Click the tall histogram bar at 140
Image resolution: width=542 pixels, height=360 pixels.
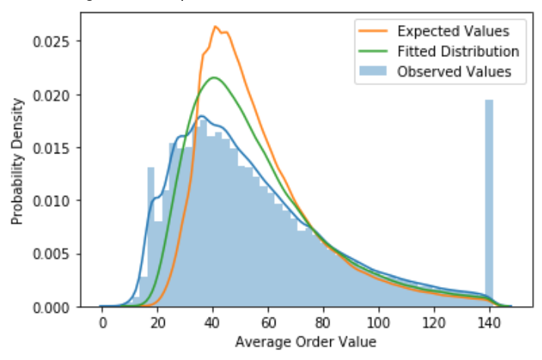pos(489,205)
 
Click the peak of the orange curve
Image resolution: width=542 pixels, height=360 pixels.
pos(216,27)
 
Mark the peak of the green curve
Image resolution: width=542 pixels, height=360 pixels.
pos(215,77)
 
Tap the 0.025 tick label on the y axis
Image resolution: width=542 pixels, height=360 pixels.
pos(56,41)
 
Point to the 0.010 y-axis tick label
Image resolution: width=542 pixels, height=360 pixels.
pos(56,201)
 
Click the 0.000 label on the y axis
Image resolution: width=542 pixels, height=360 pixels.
pos(56,307)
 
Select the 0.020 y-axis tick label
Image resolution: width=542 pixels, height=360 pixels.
pos(56,94)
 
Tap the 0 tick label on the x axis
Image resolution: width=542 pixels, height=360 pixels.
pos(102,321)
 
